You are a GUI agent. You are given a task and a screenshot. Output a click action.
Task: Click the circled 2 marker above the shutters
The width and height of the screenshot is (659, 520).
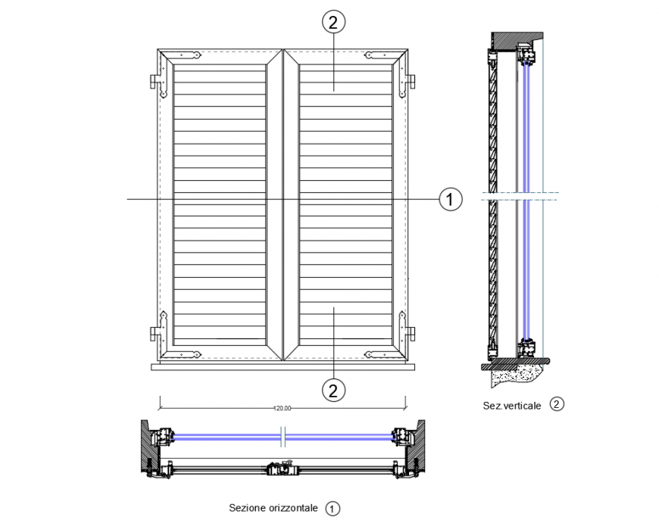click(333, 22)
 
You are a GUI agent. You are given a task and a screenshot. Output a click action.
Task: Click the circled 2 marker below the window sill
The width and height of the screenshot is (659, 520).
click(333, 390)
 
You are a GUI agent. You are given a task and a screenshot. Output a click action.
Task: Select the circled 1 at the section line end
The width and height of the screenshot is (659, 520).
click(449, 199)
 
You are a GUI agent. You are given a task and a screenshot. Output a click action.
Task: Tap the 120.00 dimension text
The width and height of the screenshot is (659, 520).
click(283, 408)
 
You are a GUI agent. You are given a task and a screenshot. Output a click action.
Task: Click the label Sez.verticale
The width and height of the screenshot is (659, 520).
click(512, 405)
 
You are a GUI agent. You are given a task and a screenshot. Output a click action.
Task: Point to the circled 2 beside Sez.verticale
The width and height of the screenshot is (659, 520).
click(557, 404)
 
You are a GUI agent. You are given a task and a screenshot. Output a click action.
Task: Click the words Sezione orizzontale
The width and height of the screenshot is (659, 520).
click(273, 508)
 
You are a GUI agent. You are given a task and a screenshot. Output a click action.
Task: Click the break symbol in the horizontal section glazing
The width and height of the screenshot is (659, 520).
click(283, 437)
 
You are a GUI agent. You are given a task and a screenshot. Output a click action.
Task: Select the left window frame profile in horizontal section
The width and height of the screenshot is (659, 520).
click(162, 437)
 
